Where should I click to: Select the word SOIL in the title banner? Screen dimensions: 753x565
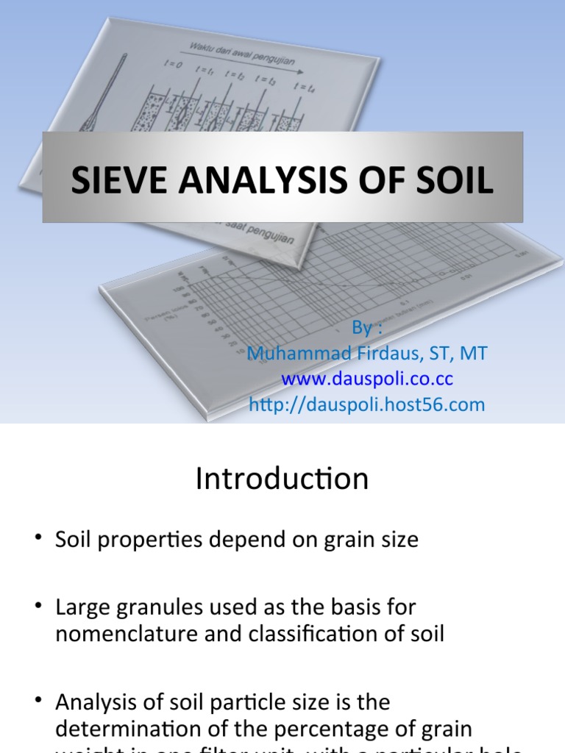453,180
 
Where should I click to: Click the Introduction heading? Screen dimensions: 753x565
282,479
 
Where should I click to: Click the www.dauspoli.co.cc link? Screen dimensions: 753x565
367,379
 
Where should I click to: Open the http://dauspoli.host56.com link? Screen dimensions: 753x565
367,404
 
